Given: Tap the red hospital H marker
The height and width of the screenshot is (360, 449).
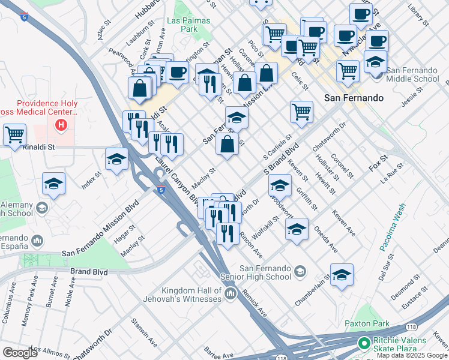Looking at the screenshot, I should coord(61,125).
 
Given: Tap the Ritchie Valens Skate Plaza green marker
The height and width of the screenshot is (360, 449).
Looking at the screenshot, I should coord(363,344).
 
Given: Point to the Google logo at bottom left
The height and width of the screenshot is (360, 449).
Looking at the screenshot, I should coord(19,353).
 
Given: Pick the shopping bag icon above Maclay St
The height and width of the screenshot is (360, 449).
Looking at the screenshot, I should coord(226,145).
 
